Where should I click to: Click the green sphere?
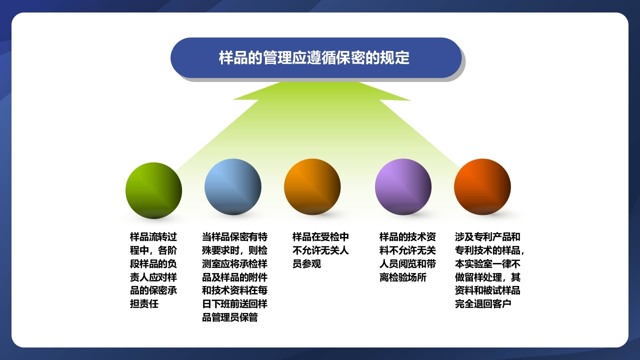tap(153, 190)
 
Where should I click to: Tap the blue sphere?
tap(232, 187)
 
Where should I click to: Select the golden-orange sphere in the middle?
tap(312, 187)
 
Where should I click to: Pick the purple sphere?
tap(403, 187)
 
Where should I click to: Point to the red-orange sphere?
tap(482, 187)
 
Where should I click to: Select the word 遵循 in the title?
tap(332, 58)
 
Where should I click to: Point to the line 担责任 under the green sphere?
tap(144, 304)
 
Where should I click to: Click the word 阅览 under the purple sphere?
tap(407, 264)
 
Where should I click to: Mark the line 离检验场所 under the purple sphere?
tap(403, 277)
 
